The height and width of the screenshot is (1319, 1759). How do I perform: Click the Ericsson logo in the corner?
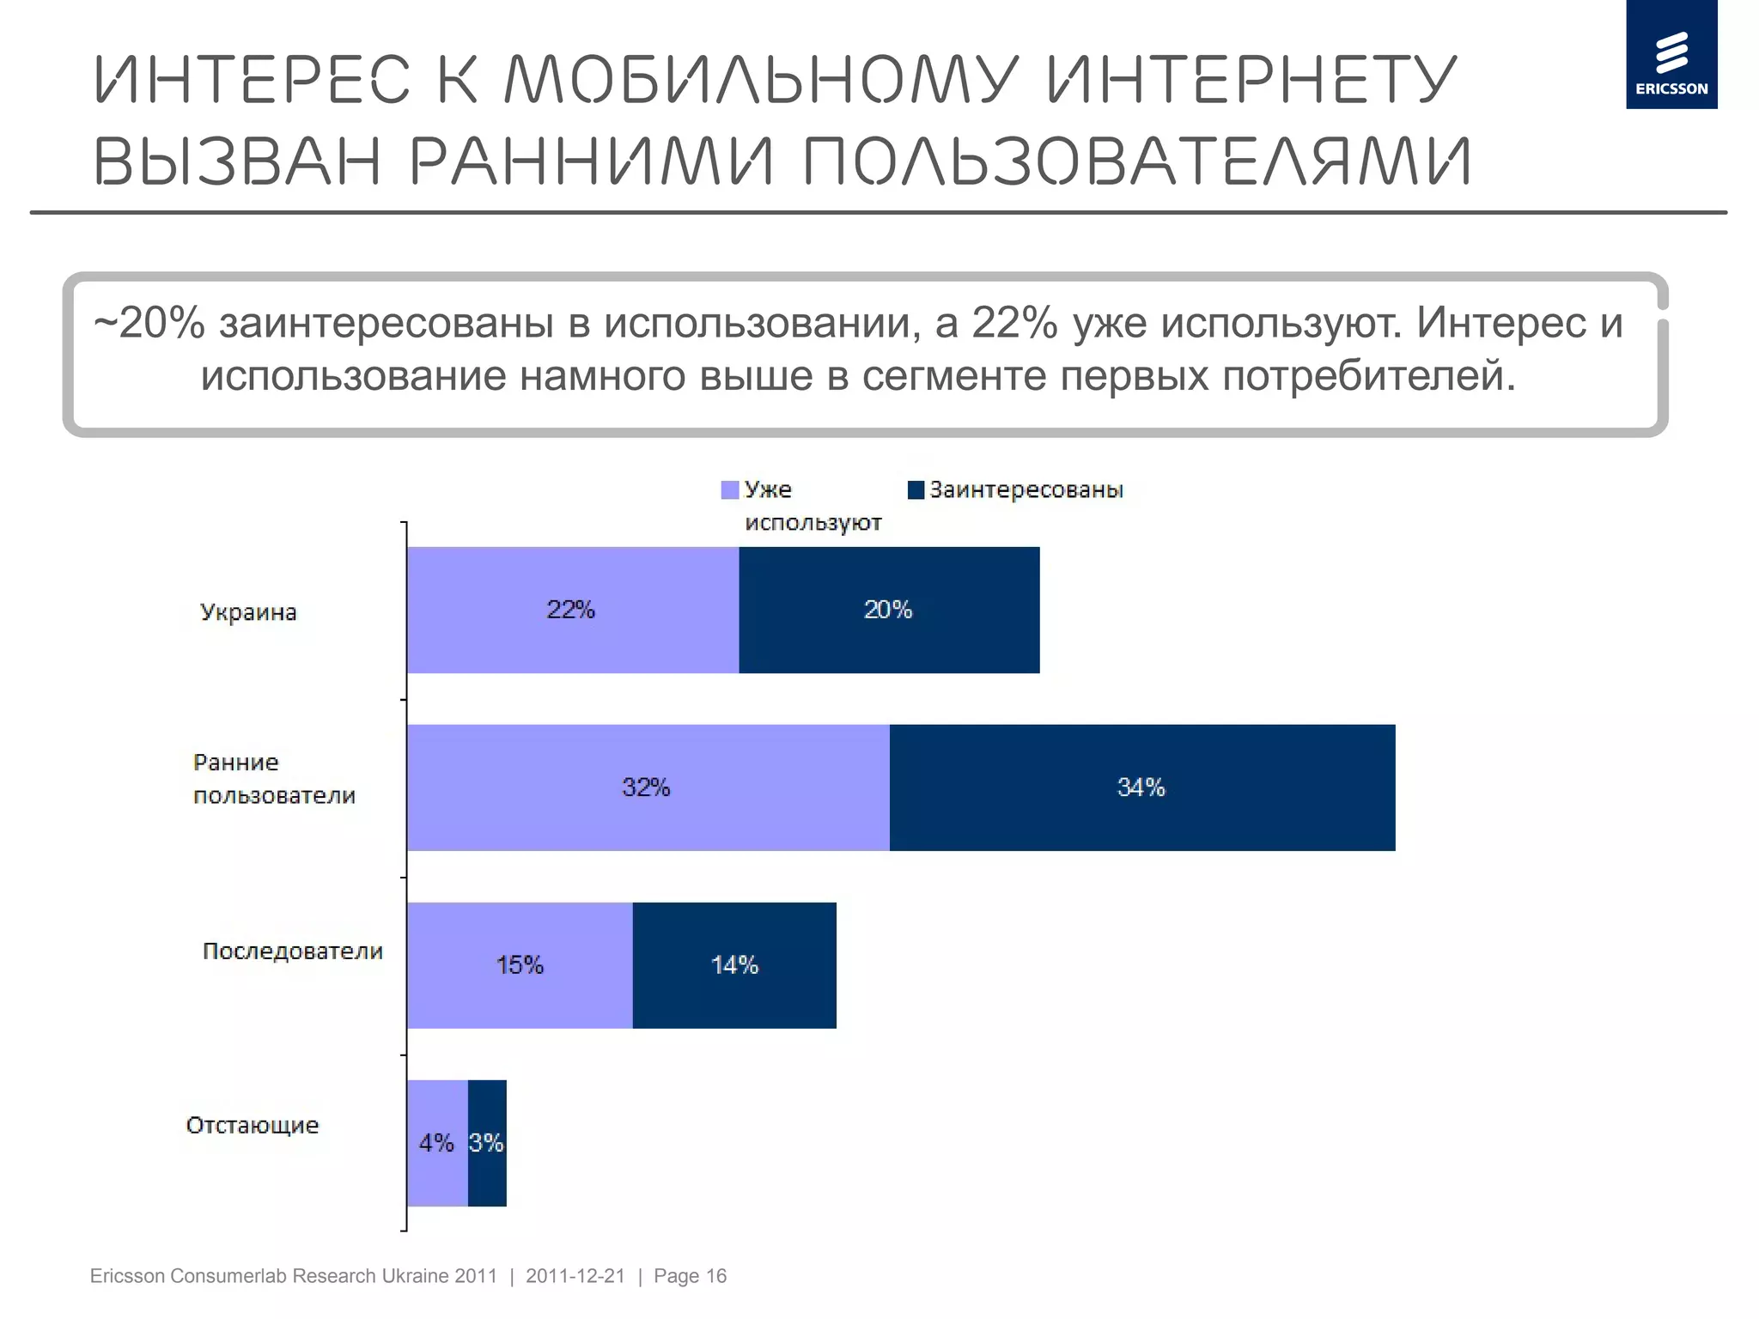click(1671, 55)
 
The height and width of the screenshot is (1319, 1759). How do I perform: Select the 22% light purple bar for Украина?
click(572, 610)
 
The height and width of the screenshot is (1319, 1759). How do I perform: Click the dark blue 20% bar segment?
click(889, 610)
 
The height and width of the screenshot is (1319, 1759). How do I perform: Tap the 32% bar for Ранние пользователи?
click(648, 787)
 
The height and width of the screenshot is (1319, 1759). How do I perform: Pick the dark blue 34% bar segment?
click(1141, 787)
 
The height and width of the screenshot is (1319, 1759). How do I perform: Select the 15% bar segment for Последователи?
click(520, 965)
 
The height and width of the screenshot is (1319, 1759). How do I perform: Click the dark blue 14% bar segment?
click(734, 965)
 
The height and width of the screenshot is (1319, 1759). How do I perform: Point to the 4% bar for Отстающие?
click(436, 1143)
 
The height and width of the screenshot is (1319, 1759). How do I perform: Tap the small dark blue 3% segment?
click(487, 1143)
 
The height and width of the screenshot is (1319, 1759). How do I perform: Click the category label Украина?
click(248, 612)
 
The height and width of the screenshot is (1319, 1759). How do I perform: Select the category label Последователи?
click(292, 951)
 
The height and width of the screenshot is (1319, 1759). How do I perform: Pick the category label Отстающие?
click(253, 1125)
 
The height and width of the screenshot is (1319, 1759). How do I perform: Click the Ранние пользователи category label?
click(273, 779)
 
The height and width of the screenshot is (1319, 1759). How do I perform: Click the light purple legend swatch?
click(730, 490)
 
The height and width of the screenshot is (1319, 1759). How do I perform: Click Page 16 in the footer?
click(690, 1276)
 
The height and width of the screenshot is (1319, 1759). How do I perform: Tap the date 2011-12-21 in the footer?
click(575, 1276)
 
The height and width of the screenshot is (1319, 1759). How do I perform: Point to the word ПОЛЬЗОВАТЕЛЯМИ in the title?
click(1138, 161)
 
